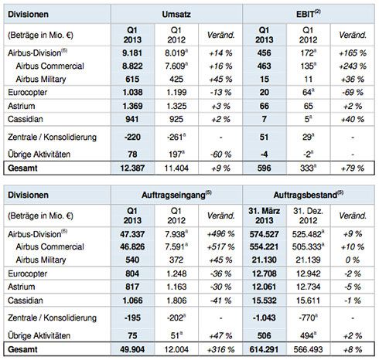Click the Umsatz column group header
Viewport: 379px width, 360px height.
coord(176,14)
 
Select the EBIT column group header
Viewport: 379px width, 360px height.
coord(309,14)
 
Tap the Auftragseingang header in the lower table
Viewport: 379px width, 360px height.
coord(176,195)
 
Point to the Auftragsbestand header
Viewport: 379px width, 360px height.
coord(309,195)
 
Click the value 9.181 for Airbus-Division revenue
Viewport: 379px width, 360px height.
coord(132,53)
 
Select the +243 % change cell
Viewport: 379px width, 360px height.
coord(353,66)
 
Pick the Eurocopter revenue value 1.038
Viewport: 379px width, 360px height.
coord(132,93)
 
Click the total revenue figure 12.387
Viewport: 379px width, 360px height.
coord(132,168)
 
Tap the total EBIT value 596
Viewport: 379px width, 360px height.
coord(265,168)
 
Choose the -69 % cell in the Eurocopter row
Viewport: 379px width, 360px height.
coord(353,93)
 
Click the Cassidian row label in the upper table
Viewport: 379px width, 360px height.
coord(26,119)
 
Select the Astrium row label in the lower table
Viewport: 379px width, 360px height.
coord(21,287)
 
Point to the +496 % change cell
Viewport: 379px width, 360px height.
coord(220,234)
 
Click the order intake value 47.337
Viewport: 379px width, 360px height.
coord(132,234)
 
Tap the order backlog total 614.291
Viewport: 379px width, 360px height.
coord(264,349)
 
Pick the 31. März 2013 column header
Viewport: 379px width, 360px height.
coord(265,216)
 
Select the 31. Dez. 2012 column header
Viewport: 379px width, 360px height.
coord(309,216)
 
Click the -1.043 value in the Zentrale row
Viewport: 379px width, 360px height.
coord(264,318)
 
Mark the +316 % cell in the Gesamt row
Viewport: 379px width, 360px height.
coord(220,349)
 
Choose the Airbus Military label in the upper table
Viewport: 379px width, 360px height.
coord(41,79)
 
